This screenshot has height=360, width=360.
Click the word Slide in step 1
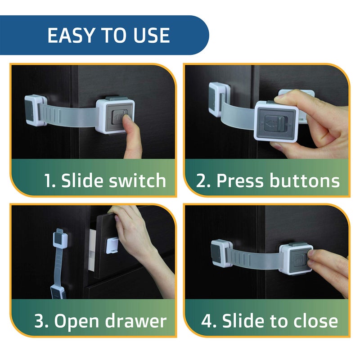point(82,180)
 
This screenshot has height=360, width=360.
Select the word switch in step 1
point(137,180)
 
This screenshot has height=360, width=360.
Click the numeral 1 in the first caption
point(49,180)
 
